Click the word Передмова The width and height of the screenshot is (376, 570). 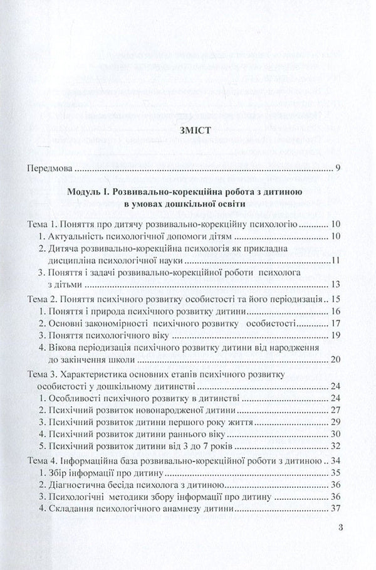pyautogui.click(x=50, y=169)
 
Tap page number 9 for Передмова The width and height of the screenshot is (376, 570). pyautogui.click(x=337, y=169)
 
